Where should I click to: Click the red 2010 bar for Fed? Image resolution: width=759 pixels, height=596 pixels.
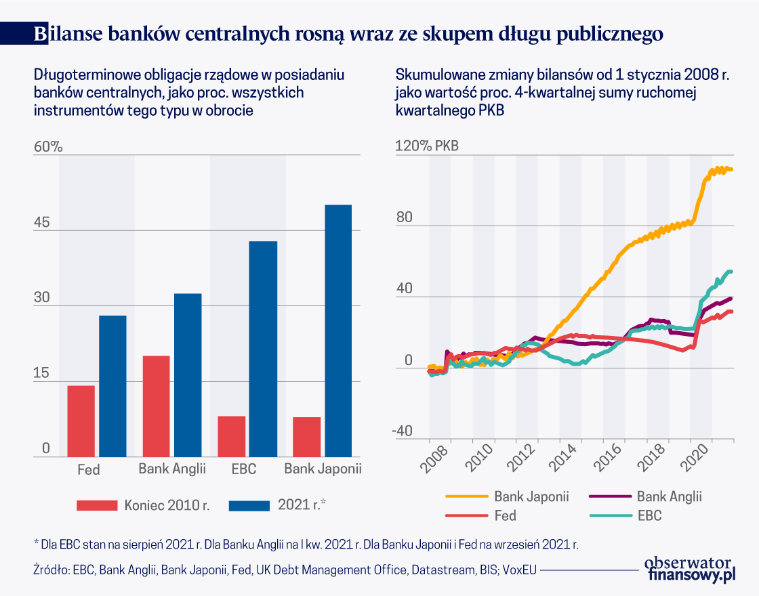[x=81, y=421]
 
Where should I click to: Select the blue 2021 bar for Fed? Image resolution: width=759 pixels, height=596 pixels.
[x=112, y=386]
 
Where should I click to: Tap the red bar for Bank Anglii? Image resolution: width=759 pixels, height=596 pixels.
[x=157, y=406]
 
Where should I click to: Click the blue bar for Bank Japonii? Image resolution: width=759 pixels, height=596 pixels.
[x=338, y=331]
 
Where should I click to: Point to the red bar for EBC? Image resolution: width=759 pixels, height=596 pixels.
[x=232, y=436]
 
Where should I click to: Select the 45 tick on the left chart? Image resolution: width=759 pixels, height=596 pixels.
[x=42, y=223]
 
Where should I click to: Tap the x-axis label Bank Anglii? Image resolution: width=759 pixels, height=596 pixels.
[x=171, y=469]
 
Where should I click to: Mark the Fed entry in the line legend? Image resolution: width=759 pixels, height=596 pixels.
[x=504, y=515]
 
